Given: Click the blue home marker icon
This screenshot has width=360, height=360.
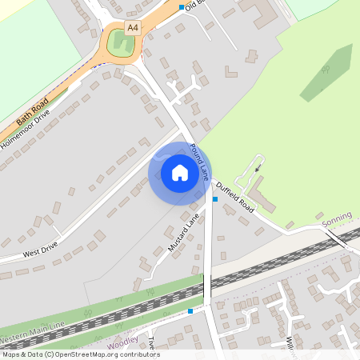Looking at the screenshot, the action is click(179, 172).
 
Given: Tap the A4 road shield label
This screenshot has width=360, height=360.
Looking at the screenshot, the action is click(133, 27).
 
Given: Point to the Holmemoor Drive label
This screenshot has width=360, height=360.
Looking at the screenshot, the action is click(26, 127).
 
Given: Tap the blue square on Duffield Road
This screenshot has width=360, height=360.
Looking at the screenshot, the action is click(214, 198).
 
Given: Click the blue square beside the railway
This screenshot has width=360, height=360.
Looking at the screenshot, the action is click(190, 310).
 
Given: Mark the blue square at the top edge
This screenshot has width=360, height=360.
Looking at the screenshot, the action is click(182, 6).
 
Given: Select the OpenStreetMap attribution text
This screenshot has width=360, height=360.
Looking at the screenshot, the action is click(80, 354).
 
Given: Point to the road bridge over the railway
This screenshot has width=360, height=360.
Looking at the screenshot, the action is click(207, 286).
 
